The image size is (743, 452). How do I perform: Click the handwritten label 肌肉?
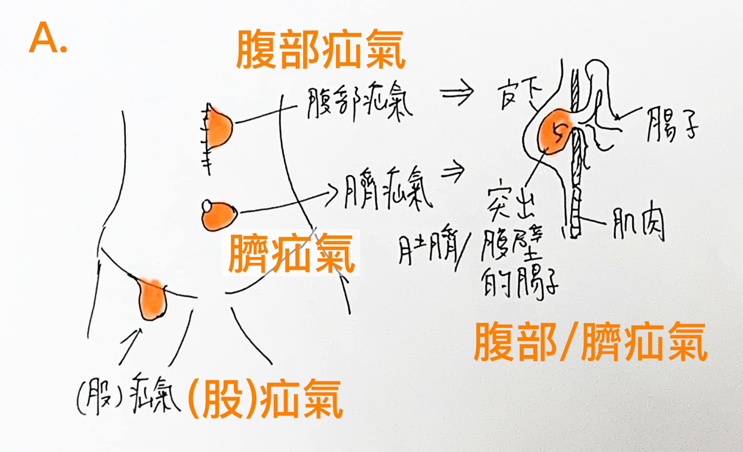(x=639, y=225)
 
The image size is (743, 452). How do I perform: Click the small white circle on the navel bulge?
(x=207, y=206)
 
